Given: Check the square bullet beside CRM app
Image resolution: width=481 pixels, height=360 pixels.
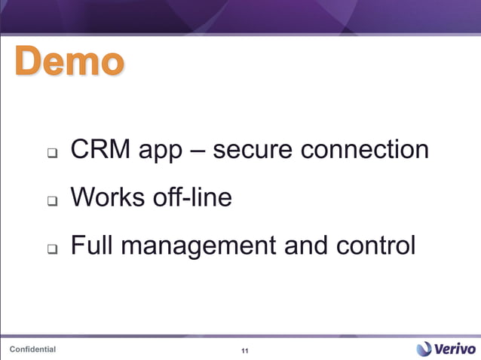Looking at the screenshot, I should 52,154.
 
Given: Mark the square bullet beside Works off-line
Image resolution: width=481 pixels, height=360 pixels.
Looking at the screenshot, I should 52,202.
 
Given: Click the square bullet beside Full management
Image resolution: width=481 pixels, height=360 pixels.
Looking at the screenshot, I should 52,249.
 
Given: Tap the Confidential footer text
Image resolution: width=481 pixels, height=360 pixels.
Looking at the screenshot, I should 32,349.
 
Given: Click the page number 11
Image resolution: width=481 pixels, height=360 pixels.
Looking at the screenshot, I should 244,352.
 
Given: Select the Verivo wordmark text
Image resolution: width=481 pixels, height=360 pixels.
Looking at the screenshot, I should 455,348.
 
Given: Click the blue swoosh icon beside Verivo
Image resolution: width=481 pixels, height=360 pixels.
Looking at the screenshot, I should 424,348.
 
